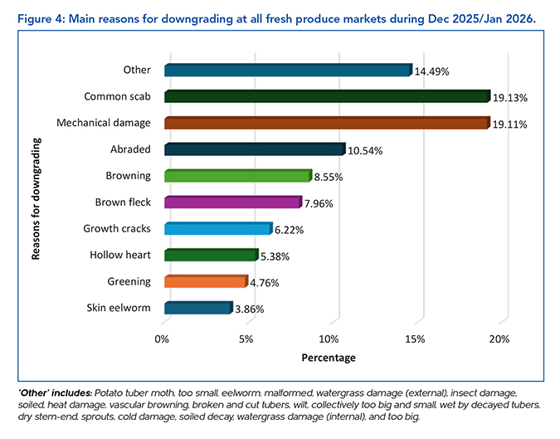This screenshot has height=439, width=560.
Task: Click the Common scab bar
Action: pos(327,96)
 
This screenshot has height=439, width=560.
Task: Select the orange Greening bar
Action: pos(206,281)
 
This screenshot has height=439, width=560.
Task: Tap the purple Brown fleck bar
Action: pos(232,202)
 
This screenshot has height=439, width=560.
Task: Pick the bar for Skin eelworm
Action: pos(197,308)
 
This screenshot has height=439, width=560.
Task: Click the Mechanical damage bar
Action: pos(327,123)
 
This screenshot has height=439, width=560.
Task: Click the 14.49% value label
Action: pos(431,71)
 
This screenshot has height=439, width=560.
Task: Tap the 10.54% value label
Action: pos(364,150)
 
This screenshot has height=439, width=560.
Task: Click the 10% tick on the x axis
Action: pos(330,339)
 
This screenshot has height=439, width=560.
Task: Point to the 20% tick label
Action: pos(499,339)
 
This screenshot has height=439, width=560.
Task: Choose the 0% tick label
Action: pos(163,339)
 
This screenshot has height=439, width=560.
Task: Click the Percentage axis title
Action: pos(330,358)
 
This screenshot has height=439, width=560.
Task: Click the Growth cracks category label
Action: pos(117,228)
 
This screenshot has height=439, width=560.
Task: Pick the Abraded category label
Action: pos(130,149)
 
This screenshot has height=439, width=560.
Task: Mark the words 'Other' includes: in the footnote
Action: pos(53,391)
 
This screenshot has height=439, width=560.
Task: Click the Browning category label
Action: pos(129,176)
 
